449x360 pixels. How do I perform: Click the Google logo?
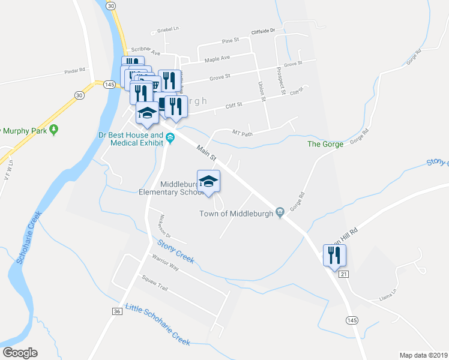[20, 352]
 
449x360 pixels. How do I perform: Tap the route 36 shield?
[116, 311]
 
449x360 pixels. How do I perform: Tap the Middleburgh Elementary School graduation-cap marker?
[208, 181]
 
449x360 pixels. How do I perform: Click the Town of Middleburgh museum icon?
[280, 212]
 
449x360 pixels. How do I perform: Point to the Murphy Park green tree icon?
[54, 129]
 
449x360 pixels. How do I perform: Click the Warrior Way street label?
[166, 263]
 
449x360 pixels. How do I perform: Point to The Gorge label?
[325, 144]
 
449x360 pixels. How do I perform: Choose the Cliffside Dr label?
[262, 31]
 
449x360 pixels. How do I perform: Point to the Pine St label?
[231, 40]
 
